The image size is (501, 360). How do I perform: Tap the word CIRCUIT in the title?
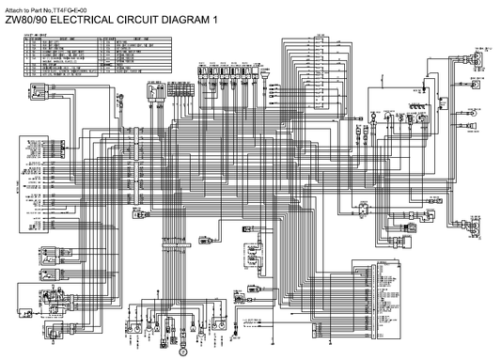pyautogui.click(x=137, y=20)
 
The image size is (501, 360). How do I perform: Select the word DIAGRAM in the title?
pyautogui.click(x=185, y=20)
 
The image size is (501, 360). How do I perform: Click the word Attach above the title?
pyautogui.click(x=13, y=8)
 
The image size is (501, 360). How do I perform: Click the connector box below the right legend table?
pyautogui.click(x=156, y=92)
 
